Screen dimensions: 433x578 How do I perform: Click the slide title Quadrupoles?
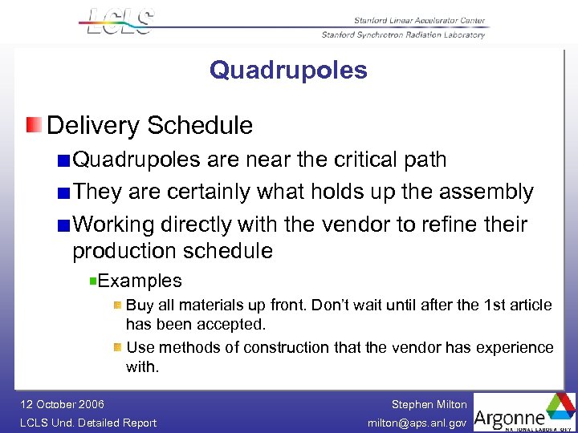[x=288, y=71]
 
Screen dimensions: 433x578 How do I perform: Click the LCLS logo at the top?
[x=119, y=22]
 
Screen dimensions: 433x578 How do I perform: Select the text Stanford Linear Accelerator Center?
[x=419, y=21]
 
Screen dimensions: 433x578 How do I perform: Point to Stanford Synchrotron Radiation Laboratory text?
[x=403, y=34]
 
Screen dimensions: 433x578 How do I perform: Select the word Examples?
[x=140, y=281]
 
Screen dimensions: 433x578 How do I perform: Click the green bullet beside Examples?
[x=93, y=281]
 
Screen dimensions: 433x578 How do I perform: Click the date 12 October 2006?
[x=63, y=404]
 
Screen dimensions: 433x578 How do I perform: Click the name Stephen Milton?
[x=429, y=405]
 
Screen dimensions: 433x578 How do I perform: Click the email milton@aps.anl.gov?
[x=417, y=423]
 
